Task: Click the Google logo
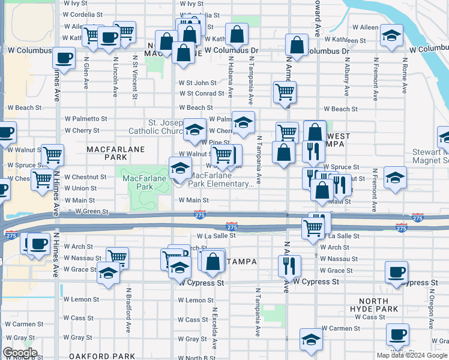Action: (20, 353)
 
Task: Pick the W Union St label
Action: (80, 188)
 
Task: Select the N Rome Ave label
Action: (405, 76)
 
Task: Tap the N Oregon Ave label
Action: (431, 307)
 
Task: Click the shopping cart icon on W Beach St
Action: (285, 92)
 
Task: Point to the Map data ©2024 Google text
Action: (411, 355)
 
